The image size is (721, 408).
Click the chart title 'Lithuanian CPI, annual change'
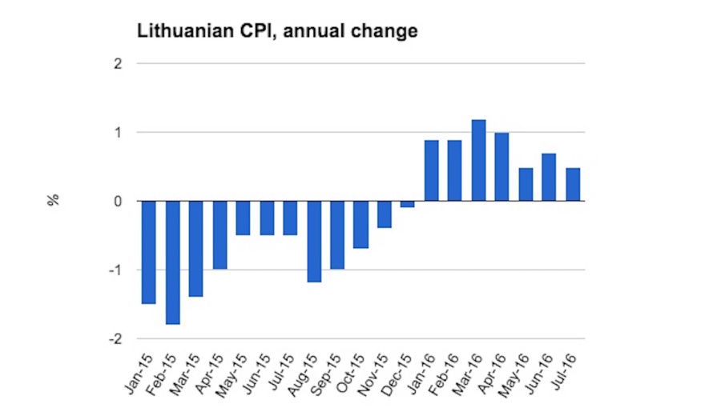click(x=277, y=32)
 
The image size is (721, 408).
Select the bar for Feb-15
click(x=172, y=262)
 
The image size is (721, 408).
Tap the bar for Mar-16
click(x=478, y=160)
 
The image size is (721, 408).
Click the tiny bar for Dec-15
click(x=408, y=204)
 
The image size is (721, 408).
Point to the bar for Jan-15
click(x=149, y=252)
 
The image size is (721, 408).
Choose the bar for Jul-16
click(x=573, y=184)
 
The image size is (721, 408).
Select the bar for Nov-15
click(x=385, y=214)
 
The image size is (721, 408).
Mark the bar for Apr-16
click(x=501, y=166)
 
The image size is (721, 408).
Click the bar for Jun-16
click(x=549, y=177)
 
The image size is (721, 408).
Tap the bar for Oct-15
click(x=361, y=224)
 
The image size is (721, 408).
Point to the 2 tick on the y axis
click(x=118, y=63)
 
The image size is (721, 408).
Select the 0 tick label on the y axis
click(x=118, y=202)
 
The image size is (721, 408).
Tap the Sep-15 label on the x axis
click(x=330, y=373)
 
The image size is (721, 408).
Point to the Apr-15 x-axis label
click(x=212, y=373)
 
